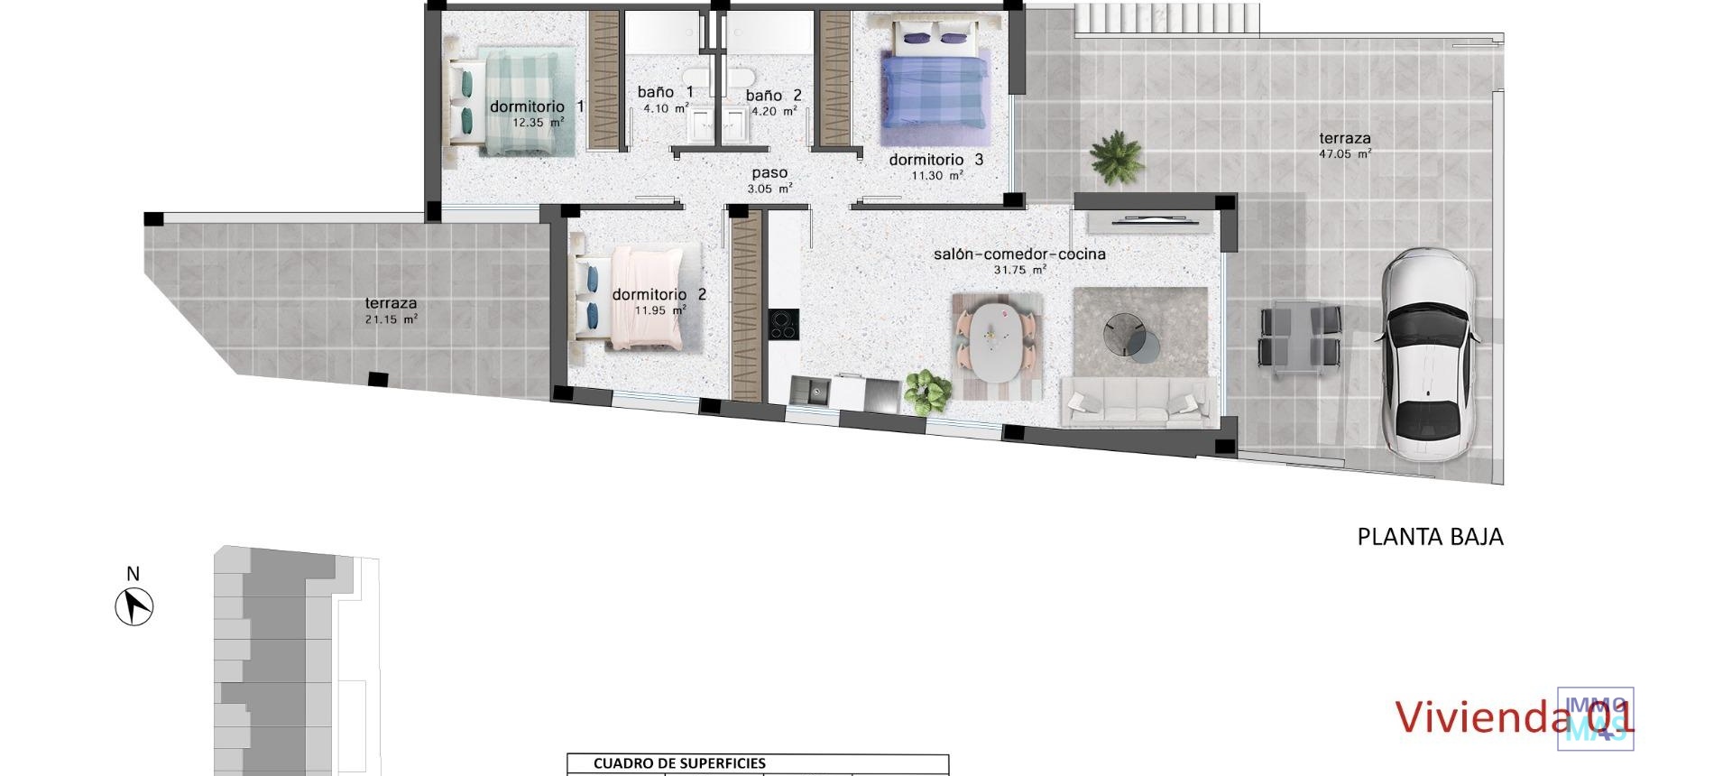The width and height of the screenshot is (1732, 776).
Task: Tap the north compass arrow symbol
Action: pyautogui.click(x=134, y=605)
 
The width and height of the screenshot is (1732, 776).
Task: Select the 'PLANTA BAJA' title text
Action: pyautogui.click(x=1430, y=537)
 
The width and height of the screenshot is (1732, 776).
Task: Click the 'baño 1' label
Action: pyautogui.click(x=666, y=92)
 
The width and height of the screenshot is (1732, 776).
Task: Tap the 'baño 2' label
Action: pyautogui.click(x=774, y=95)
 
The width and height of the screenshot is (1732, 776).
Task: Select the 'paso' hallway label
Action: pyautogui.click(x=769, y=173)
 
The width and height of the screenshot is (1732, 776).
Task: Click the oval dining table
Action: pyautogui.click(x=999, y=342)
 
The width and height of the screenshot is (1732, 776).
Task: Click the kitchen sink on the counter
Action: pyautogui.click(x=811, y=392)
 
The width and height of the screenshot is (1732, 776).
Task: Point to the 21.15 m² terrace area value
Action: pyautogui.click(x=391, y=319)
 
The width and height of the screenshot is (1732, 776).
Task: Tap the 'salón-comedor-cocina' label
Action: pyautogui.click(x=1019, y=254)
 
